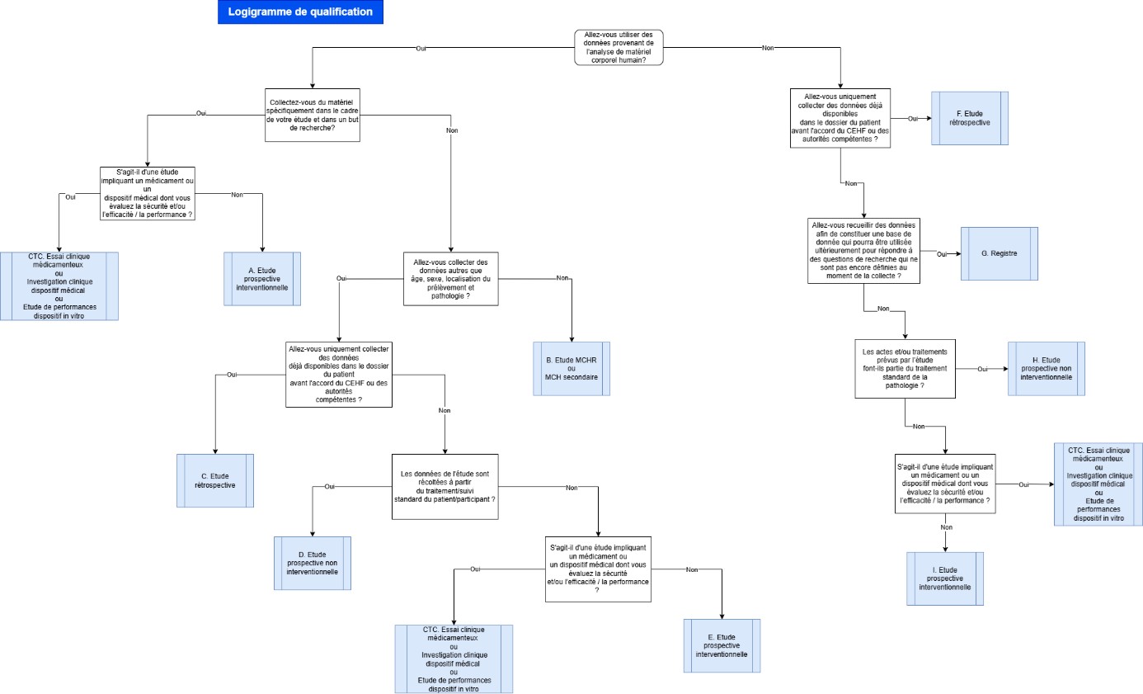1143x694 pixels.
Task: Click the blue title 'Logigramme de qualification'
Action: click(300, 12)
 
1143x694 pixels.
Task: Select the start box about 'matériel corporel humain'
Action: click(619, 48)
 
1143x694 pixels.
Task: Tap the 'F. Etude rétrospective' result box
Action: click(970, 119)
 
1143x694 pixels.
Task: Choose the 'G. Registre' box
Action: click(1000, 254)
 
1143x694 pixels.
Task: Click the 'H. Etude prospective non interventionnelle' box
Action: click(1046, 369)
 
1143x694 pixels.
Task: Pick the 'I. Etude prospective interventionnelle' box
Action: click(945, 578)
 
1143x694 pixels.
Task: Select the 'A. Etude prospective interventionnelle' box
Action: click(262, 279)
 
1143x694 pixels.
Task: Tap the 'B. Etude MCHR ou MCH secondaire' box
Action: click(571, 369)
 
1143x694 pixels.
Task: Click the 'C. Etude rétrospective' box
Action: click(215, 480)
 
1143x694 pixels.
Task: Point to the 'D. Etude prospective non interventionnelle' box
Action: click(313, 564)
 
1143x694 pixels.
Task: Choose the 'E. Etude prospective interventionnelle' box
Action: click(722, 646)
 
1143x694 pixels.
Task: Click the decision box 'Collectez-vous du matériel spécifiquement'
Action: click(313, 115)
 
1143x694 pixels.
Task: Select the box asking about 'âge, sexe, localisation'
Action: click(450, 279)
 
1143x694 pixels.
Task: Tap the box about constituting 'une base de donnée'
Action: click(864, 251)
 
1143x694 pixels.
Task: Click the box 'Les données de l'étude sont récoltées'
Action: click(445, 487)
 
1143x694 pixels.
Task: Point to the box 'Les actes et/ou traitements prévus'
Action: click(905, 369)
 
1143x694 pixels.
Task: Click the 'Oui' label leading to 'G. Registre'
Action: click(942, 254)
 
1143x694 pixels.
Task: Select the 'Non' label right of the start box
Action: click(768, 48)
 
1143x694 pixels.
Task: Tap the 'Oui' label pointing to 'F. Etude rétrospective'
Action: click(912, 119)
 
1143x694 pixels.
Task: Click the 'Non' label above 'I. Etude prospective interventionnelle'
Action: click(946, 527)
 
